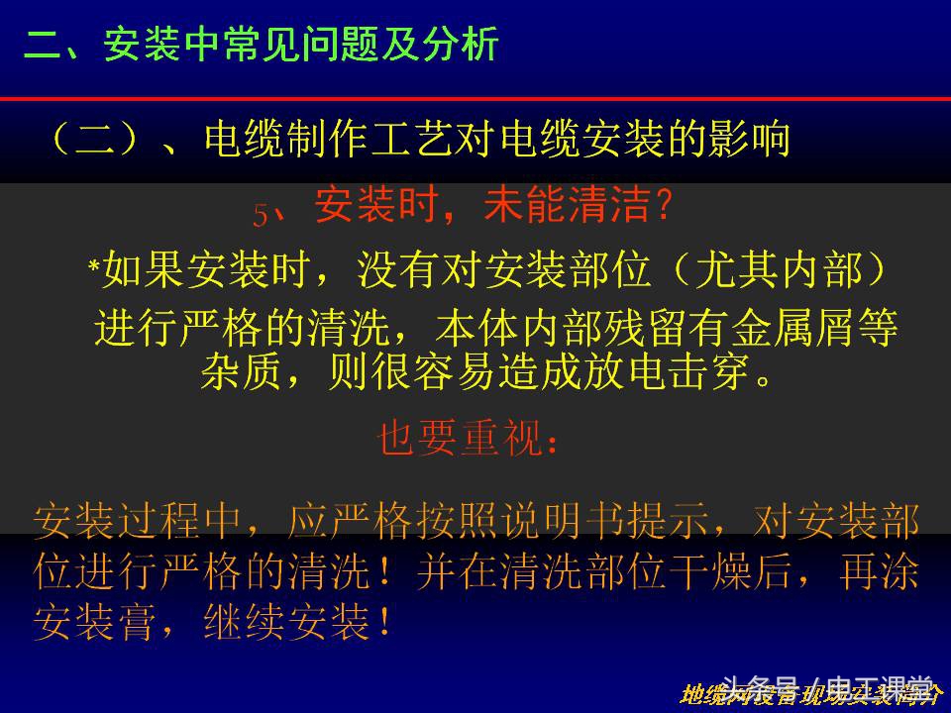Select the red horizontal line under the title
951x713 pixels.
pyautogui.click(x=475, y=99)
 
